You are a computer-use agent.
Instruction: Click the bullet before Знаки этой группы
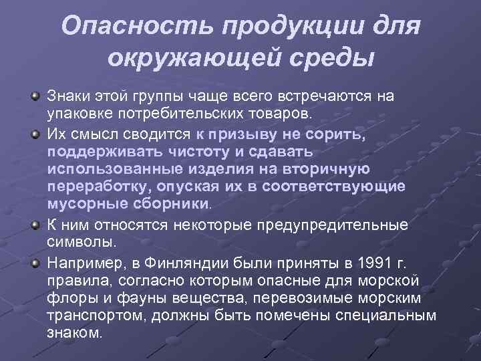34,96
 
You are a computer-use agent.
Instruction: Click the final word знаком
75,332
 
